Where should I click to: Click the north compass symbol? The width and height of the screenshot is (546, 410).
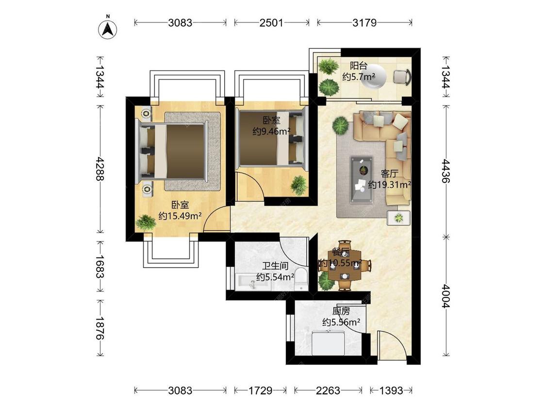108,29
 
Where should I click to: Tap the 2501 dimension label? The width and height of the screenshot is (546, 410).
271,23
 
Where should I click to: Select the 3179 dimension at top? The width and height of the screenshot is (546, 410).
364,23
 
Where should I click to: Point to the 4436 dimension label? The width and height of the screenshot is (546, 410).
446,171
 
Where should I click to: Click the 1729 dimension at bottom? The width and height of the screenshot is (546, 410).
260,390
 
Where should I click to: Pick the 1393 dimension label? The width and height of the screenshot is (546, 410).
391,390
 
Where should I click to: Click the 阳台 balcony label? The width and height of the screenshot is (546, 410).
359,66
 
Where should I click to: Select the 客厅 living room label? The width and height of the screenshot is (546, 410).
390,173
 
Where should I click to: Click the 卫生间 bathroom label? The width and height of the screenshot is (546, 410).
275,266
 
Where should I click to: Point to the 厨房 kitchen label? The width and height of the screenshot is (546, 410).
341,311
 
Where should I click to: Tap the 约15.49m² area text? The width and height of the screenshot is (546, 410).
181,216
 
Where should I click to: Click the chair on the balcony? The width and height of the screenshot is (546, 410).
402,76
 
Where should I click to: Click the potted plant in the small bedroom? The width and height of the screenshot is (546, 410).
298,185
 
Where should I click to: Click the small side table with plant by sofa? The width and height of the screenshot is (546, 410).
399,218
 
